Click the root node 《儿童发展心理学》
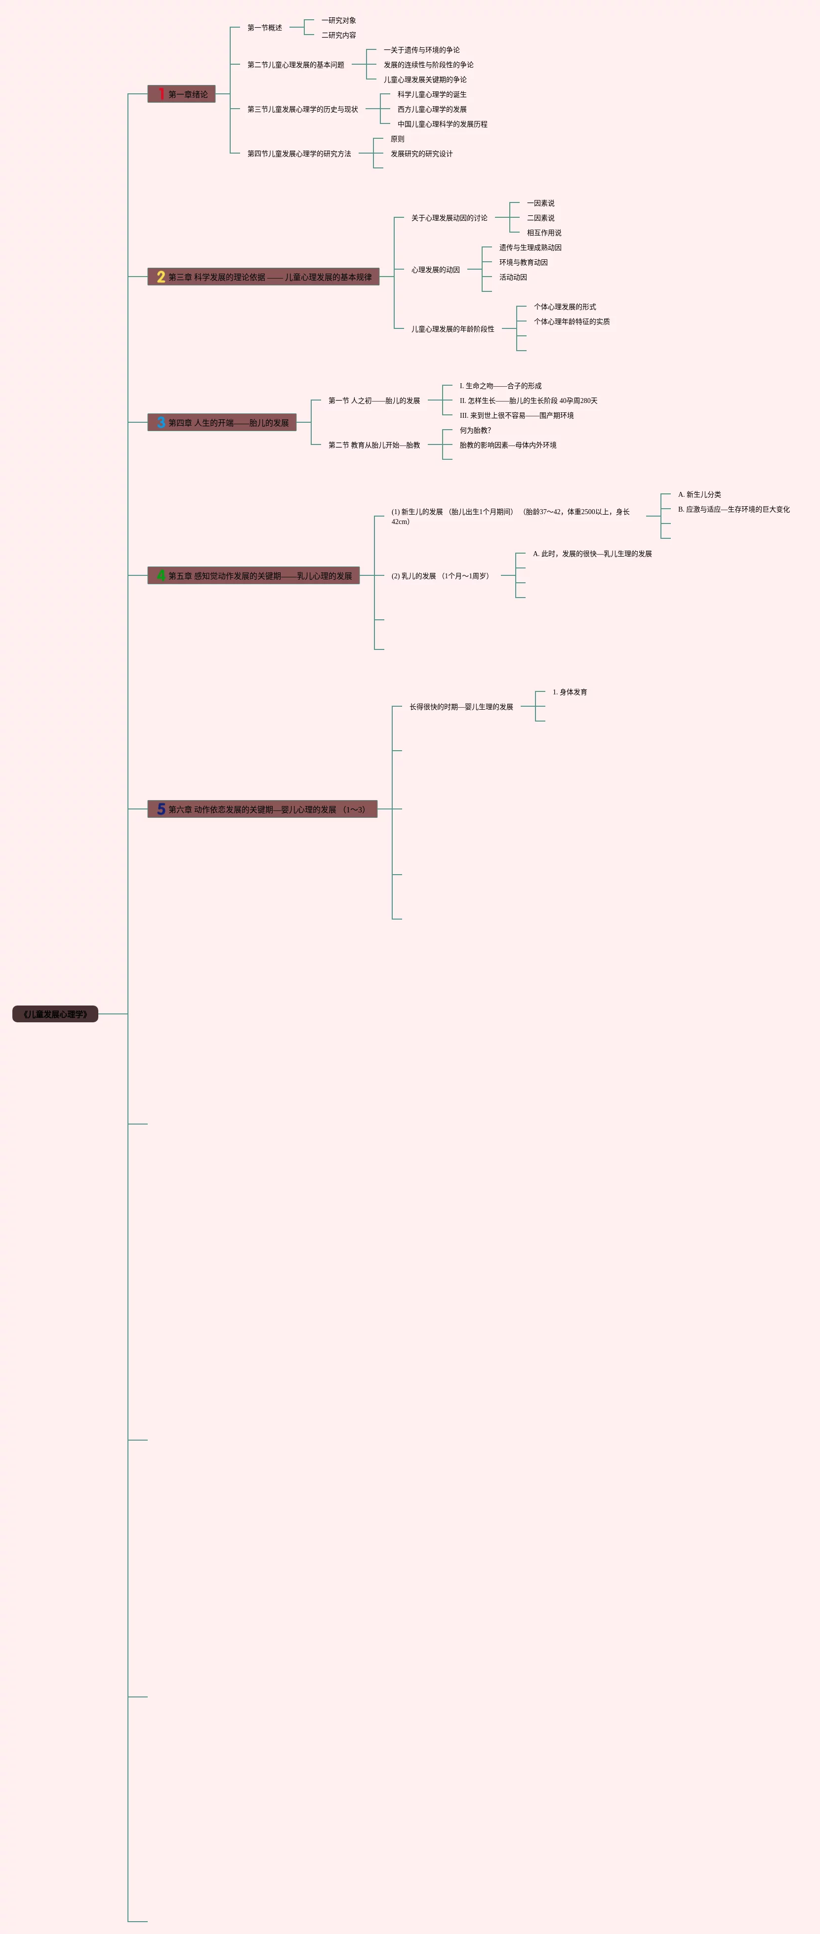pyautogui.click(x=55, y=1014)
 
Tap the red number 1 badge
pyautogui.click(x=161, y=94)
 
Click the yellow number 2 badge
pyautogui.click(x=161, y=277)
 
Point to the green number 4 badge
pyautogui.click(x=161, y=576)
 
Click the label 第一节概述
pyautogui.click(x=264, y=28)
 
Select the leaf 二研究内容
pyautogui.click(x=339, y=35)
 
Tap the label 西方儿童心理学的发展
pyautogui.click(x=432, y=110)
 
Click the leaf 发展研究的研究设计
pyautogui.click(x=421, y=154)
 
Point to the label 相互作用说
pyautogui.click(x=544, y=233)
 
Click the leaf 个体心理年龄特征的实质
pyautogui.click(x=572, y=322)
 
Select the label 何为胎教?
pyautogui.click(x=475, y=430)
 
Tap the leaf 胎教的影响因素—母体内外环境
pyautogui.click(x=508, y=445)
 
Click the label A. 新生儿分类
pyautogui.click(x=699, y=495)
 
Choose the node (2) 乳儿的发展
pyautogui.click(x=440, y=576)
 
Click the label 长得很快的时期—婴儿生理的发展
pyautogui.click(x=461, y=707)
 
